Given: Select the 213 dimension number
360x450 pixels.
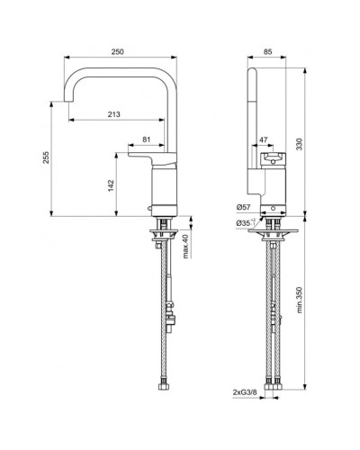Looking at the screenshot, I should tap(113, 113).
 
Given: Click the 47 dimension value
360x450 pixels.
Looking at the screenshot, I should tap(263, 140).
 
